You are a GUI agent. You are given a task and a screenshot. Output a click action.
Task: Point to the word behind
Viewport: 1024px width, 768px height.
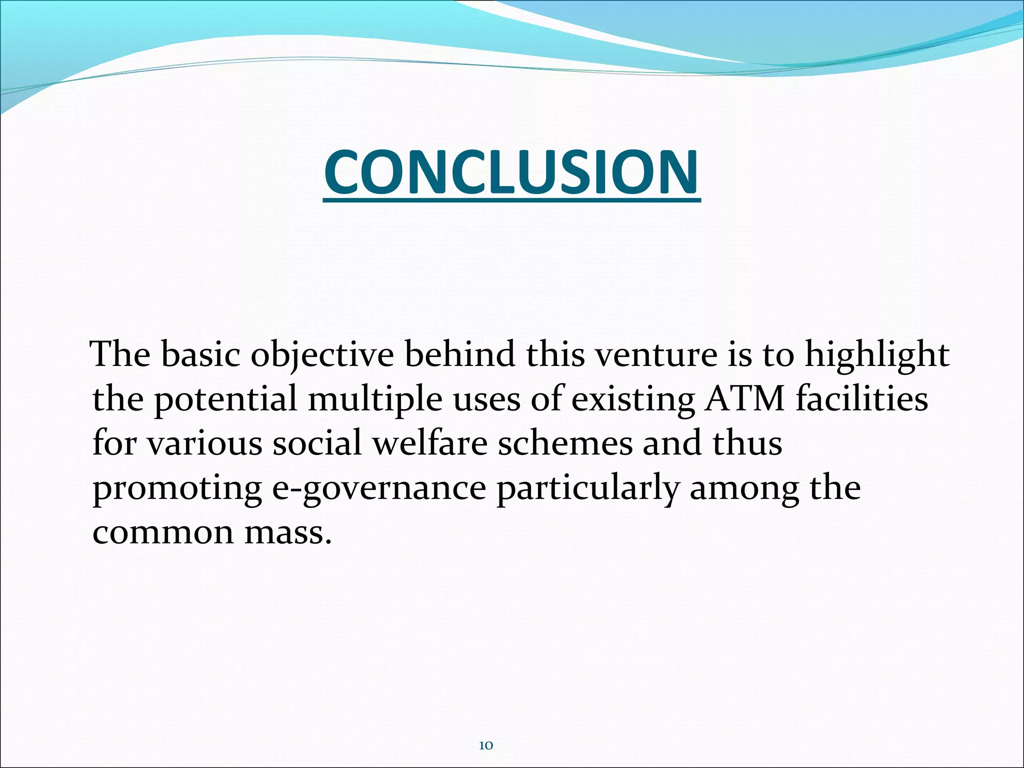point(459,354)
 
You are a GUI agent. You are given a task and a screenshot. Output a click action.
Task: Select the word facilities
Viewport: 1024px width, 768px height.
point(862,398)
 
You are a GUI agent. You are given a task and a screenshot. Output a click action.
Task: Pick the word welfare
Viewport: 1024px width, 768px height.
point(430,443)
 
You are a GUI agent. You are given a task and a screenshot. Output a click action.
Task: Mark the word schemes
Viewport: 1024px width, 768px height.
point(565,443)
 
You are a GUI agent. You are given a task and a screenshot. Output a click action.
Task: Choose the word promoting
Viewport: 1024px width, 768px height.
point(177,489)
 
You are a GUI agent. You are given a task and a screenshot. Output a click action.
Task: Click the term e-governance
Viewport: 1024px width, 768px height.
point(379,489)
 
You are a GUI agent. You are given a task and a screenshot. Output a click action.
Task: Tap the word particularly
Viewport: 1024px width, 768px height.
point(587,488)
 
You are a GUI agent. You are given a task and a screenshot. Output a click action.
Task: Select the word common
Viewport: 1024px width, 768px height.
point(163,533)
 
